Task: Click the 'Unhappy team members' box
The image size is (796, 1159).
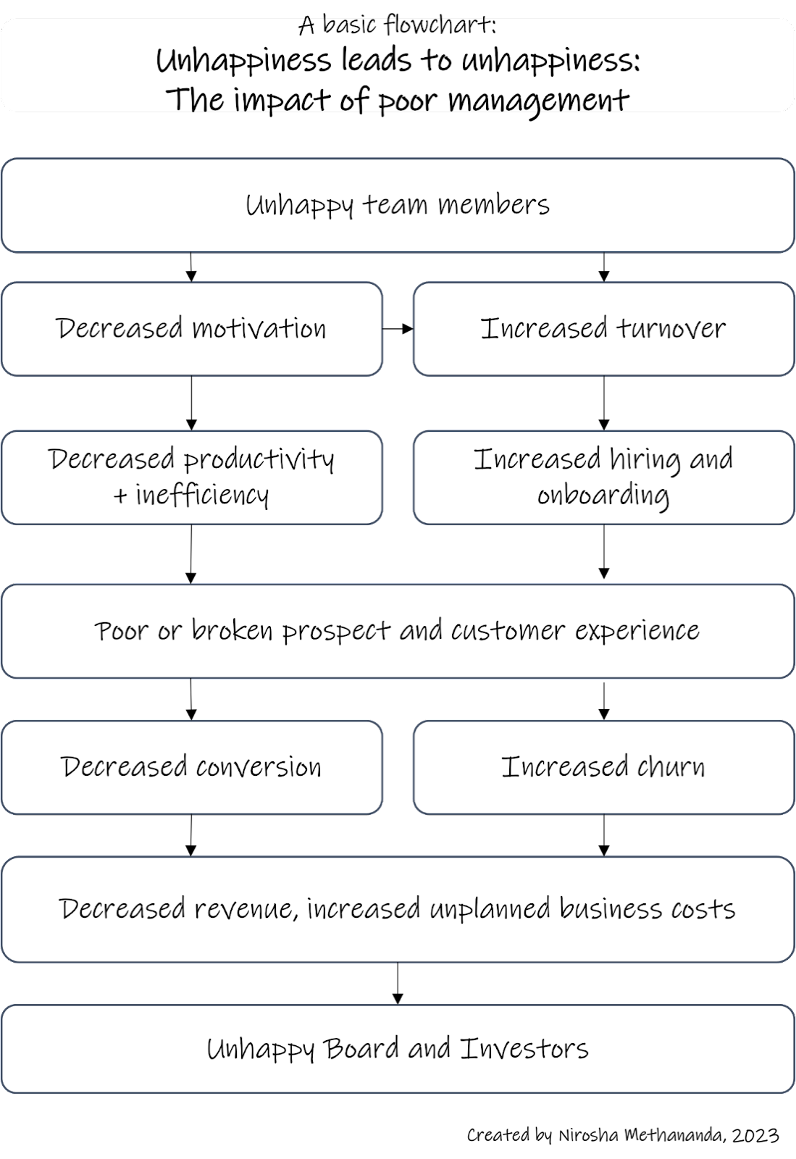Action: point(398,206)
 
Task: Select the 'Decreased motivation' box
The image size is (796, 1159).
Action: point(192,329)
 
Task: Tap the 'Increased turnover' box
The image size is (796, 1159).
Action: point(603,329)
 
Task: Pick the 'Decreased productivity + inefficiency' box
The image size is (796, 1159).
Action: point(192,477)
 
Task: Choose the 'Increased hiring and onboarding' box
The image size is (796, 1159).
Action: point(603,477)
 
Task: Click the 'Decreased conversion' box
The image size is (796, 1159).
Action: point(192,767)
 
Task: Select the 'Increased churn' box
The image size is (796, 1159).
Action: point(603,767)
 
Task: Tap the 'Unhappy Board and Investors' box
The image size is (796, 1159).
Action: point(398,1049)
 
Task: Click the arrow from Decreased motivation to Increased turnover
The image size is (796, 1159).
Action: point(398,329)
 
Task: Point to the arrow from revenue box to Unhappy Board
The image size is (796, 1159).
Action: point(397,983)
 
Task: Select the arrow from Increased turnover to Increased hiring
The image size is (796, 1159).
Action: point(603,403)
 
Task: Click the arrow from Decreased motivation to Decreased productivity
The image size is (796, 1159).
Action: point(191,403)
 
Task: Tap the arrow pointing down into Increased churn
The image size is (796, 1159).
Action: point(603,701)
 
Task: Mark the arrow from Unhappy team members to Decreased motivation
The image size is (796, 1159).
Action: point(191,267)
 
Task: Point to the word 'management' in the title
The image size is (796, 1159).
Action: point(538,101)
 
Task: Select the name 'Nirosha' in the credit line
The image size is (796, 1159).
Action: point(588,1136)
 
